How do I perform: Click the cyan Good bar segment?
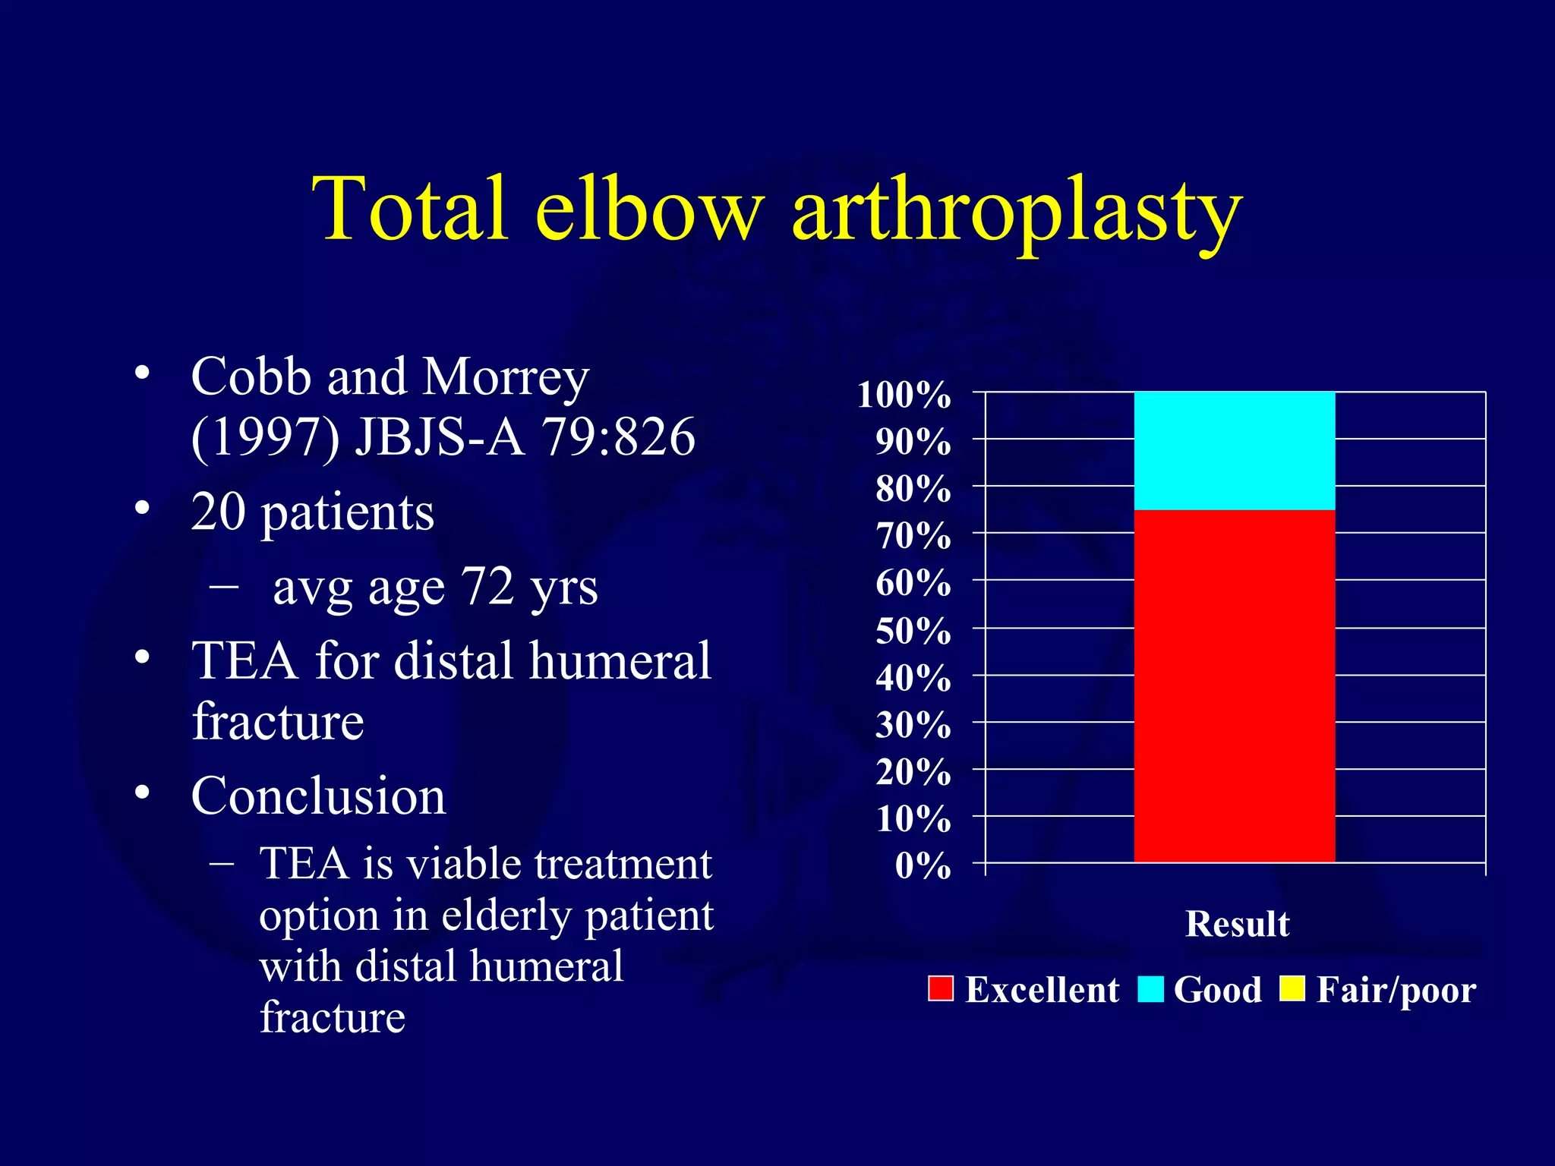1234,451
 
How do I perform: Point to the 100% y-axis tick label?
904,395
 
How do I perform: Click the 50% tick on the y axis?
913,631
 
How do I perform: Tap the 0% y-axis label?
923,865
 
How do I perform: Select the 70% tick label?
913,536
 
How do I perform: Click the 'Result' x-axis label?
1237,924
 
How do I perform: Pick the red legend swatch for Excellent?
941,989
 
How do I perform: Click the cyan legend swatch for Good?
1150,989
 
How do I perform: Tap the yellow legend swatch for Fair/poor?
1292,989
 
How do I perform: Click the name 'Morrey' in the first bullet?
505,377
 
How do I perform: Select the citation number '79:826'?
618,437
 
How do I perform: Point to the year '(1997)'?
265,437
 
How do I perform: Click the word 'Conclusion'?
318,796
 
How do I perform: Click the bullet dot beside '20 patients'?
142,508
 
